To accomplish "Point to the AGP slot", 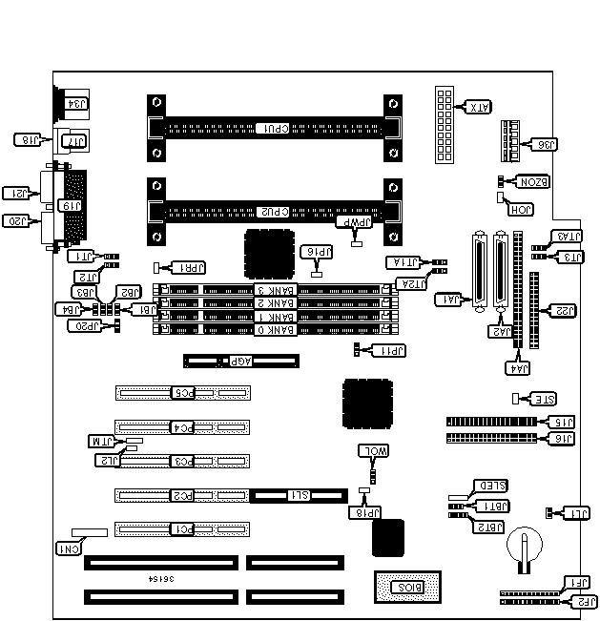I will click(241, 362).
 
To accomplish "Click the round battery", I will click(524, 546).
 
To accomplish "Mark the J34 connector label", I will click(77, 103).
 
